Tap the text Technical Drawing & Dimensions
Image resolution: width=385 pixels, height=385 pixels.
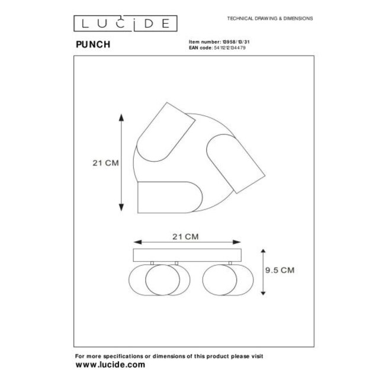[x=270, y=19]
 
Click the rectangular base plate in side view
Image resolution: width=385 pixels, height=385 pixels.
[x=187, y=255]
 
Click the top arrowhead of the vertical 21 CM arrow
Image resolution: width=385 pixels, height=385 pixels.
[x=121, y=117]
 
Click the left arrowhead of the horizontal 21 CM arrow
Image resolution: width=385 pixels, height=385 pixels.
[x=137, y=242]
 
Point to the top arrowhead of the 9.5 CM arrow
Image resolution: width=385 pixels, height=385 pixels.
[x=262, y=251]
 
